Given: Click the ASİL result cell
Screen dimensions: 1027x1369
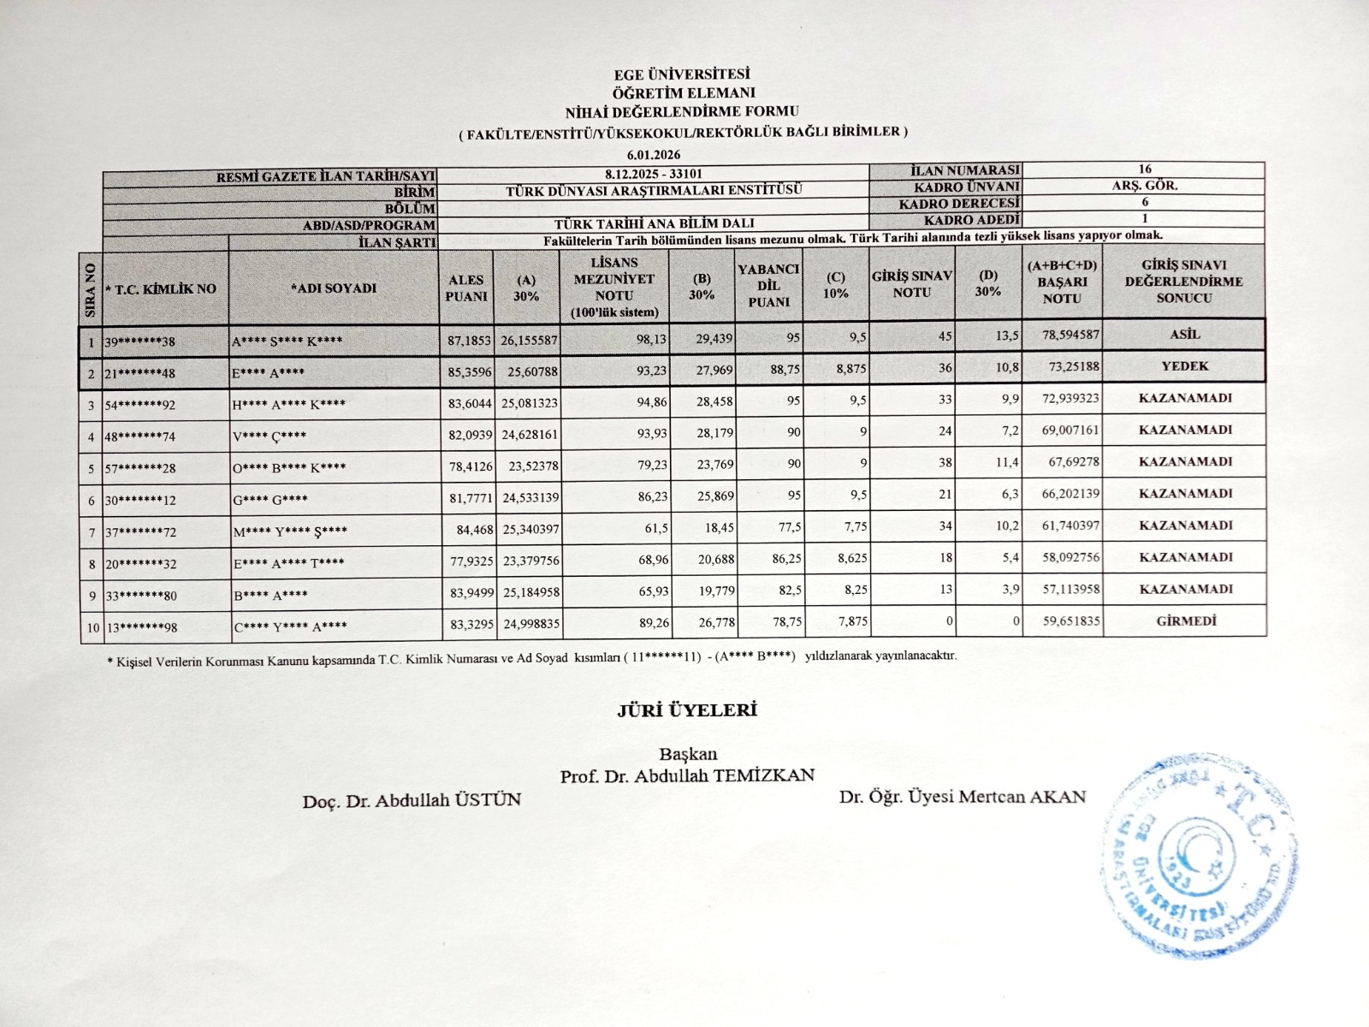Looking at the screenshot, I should pos(1184,335).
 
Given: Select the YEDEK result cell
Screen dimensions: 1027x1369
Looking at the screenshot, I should pos(1184,366).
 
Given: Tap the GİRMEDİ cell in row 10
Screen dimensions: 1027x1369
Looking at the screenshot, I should pos(1185,620).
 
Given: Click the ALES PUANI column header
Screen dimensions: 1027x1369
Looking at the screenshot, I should pos(466,288).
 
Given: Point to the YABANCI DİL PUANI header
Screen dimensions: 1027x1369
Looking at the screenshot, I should pos(768,286).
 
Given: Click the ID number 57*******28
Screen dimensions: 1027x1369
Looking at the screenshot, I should pos(140,468).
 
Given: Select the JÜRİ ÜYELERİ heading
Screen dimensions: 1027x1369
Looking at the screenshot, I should pos(687,709).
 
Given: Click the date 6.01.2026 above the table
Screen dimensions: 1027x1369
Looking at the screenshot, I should pos(654,154).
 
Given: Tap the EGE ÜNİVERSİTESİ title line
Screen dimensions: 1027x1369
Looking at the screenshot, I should pos(682,75).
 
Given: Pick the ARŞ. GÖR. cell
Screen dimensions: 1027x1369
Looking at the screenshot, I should pos(1144,186).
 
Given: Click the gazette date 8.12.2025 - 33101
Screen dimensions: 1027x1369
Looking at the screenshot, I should pos(654,174).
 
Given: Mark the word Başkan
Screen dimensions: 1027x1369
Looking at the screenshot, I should pos(688,755).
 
